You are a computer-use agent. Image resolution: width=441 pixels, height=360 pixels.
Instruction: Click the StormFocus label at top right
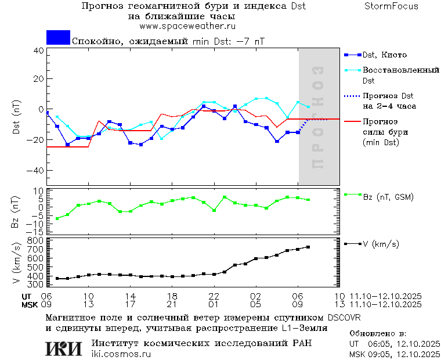coord(392,6)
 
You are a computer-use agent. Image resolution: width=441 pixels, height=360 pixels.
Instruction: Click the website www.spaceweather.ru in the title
coord(187,26)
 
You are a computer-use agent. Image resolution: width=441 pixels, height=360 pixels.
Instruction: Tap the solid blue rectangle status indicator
coord(58,38)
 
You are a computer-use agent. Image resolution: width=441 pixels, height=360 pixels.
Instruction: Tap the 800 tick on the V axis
coord(36,240)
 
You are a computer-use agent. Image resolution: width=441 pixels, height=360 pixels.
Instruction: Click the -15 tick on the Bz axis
coord(37,231)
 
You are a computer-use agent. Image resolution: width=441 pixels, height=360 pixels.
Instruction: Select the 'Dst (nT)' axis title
coord(17,117)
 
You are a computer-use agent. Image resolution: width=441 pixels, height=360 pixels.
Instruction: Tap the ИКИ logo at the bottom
coord(64,348)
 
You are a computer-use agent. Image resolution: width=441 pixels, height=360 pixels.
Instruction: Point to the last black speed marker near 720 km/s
coord(308,247)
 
